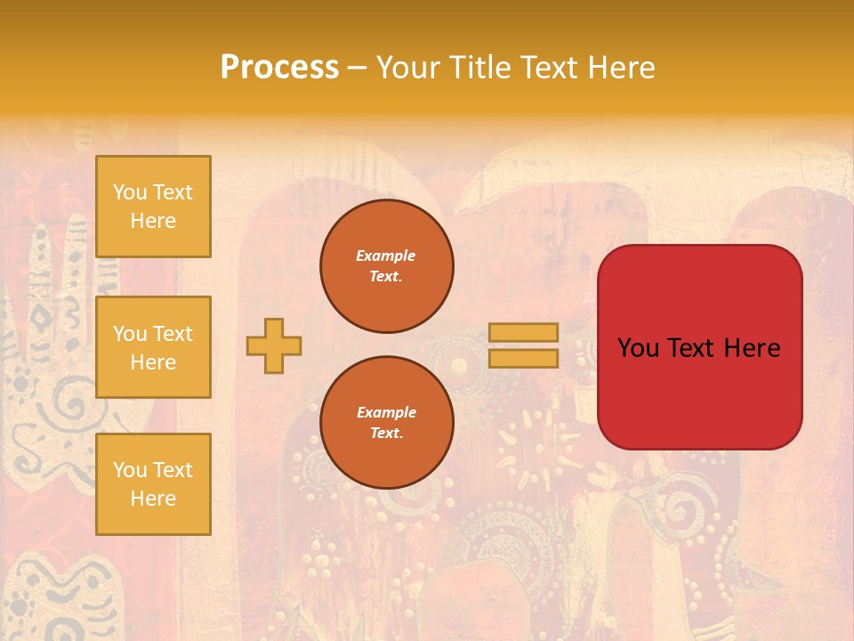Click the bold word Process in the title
tap(279, 67)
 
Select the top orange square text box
tap(153, 207)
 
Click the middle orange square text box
tap(153, 347)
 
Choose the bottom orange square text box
tap(153, 484)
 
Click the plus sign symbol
tap(274, 345)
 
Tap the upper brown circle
tap(387, 266)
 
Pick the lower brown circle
tap(387, 423)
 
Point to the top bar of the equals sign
tap(524, 332)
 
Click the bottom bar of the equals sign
tap(524, 358)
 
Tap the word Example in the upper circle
tap(385, 256)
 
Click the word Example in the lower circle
tap(386, 412)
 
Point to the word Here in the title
tap(620, 68)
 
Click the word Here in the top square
tap(153, 221)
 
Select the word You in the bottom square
tap(130, 469)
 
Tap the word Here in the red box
tap(752, 348)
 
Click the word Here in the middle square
tap(153, 362)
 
